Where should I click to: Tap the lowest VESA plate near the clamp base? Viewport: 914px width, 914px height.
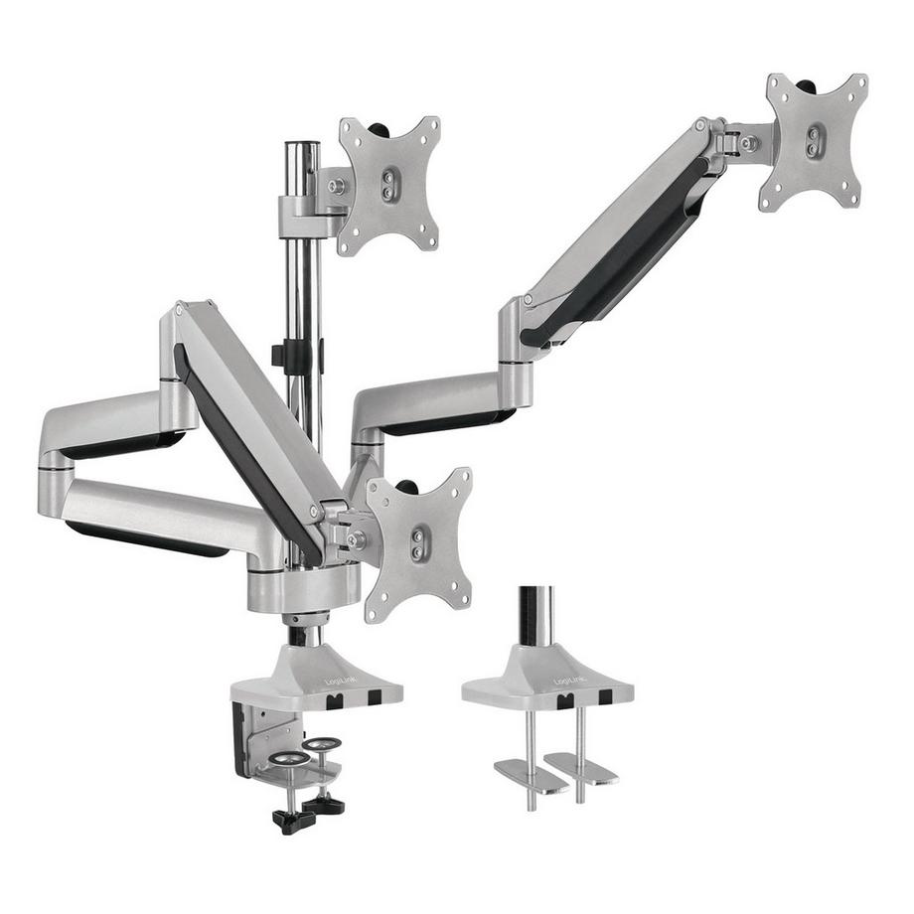[418, 542]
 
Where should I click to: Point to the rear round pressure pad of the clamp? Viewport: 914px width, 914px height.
[320, 743]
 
